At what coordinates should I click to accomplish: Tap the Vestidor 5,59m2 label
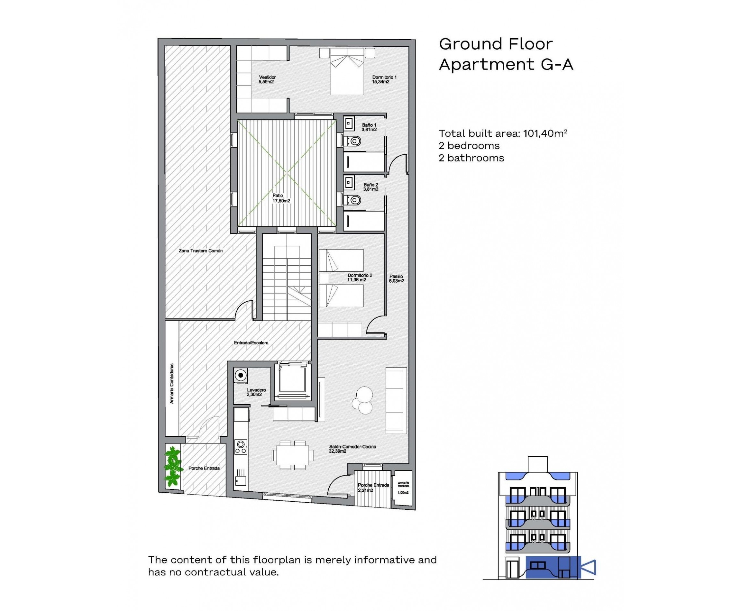coord(267,79)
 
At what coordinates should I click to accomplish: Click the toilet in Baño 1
coord(353,141)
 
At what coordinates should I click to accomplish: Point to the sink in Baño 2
coord(349,182)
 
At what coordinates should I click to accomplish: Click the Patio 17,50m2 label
coord(280,198)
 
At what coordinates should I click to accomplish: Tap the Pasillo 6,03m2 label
coord(396,279)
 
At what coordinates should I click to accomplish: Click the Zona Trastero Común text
coord(200,251)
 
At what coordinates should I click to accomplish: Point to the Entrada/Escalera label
coord(251,342)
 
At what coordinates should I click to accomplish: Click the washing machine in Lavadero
coord(241,375)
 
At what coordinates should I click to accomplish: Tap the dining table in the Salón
coord(292,455)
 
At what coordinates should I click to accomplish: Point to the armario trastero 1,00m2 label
coord(403,487)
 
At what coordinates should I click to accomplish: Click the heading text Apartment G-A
coord(506,64)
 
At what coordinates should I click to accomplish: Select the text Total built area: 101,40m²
coord(502,133)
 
